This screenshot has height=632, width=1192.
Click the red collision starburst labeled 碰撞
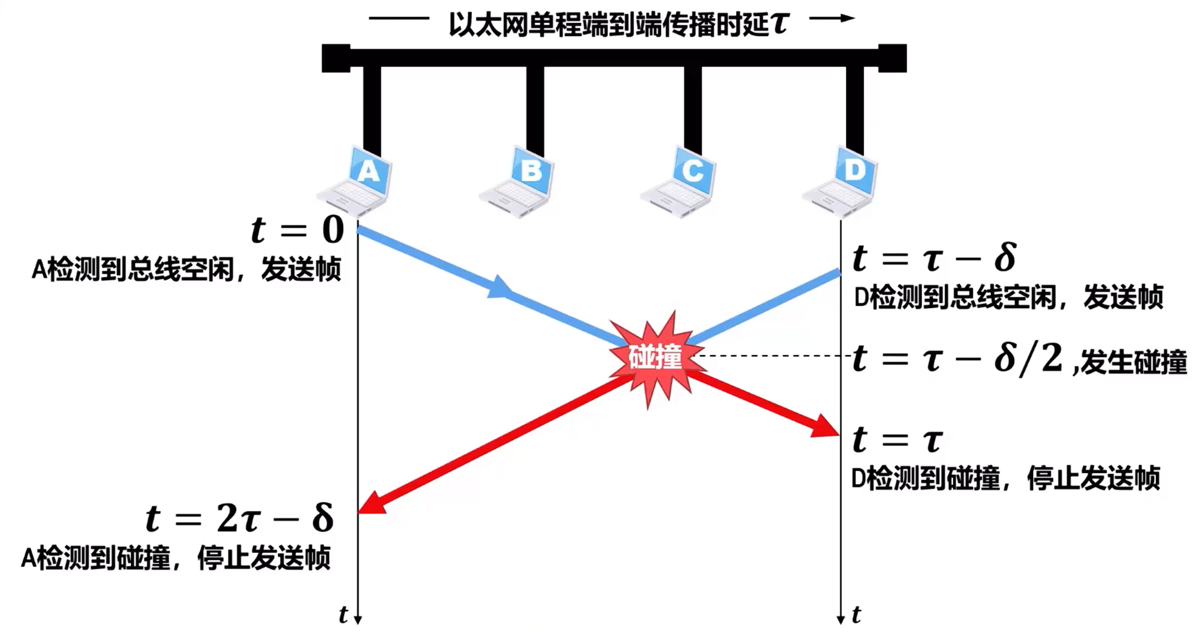(656, 357)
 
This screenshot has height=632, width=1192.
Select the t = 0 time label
(297, 229)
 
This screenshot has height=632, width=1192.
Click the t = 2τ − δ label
(240, 518)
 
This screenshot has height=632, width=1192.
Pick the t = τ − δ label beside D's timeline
(934, 259)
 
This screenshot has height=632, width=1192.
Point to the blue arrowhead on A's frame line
(500, 288)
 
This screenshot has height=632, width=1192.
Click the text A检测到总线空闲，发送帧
(186, 270)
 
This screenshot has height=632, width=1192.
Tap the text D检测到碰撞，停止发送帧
(1005, 478)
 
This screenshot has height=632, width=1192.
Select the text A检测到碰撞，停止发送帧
(176, 558)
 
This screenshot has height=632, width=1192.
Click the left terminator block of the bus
(336, 58)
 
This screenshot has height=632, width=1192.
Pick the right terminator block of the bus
(892, 58)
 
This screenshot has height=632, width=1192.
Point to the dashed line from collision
(774, 356)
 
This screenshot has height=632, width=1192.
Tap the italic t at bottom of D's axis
(857, 615)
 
